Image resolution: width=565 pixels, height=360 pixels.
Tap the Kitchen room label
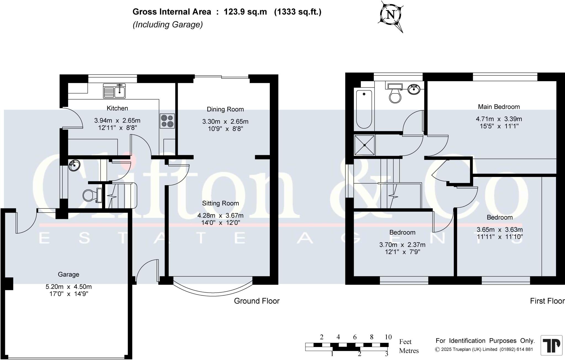(x=117, y=108)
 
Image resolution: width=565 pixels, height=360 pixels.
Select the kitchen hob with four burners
(x=167, y=121)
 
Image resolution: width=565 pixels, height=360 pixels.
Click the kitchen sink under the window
(x=114, y=91)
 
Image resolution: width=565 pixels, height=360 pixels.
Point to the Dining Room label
(x=225, y=109)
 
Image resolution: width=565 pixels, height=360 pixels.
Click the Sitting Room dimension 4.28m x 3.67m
(x=220, y=215)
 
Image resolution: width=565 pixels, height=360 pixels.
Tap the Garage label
(x=68, y=274)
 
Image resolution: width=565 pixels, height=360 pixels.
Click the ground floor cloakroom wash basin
(x=74, y=166)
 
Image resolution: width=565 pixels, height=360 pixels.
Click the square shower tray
(x=364, y=145)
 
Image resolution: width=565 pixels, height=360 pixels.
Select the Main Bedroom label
(x=499, y=107)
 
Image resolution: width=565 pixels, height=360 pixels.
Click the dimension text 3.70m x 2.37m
(x=402, y=245)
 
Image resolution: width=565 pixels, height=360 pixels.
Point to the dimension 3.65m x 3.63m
(x=500, y=230)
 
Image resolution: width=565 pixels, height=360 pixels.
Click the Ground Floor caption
(x=257, y=301)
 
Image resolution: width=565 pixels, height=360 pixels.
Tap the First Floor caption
(x=547, y=301)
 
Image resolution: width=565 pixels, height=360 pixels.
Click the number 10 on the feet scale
(x=388, y=337)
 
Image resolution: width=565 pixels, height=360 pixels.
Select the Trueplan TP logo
(x=551, y=345)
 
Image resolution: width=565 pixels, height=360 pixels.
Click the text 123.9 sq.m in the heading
(x=245, y=12)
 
